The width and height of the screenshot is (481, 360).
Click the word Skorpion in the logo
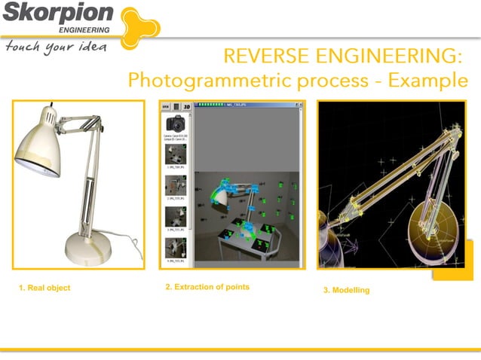[57, 14]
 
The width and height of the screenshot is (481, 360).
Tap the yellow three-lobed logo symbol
[139, 24]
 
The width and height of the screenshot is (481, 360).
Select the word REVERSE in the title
[268, 56]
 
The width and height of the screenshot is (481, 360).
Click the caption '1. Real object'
[44, 288]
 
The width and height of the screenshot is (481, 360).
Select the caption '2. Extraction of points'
[207, 287]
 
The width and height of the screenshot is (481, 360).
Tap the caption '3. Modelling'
[346, 290]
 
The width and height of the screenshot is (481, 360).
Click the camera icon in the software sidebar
[176, 124]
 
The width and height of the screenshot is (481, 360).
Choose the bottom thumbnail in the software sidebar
[176, 248]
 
